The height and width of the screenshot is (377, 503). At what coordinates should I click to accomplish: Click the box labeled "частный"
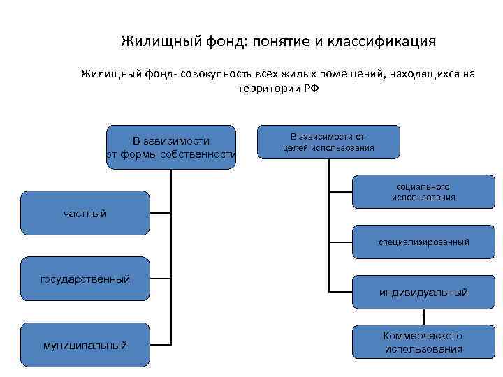click(x=85, y=212)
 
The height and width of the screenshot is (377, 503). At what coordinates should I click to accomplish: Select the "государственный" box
click(x=85, y=279)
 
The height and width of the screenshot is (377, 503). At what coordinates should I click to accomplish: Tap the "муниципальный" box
click(x=85, y=344)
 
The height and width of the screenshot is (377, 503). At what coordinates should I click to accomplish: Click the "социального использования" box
click(x=423, y=191)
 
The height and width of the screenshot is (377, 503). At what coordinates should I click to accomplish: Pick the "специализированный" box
click(x=423, y=242)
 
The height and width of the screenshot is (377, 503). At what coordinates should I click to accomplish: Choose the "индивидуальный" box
click(x=423, y=293)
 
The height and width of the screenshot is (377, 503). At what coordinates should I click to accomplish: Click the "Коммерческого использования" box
click(x=423, y=342)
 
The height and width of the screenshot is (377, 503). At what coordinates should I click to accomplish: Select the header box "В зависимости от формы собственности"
click(x=171, y=147)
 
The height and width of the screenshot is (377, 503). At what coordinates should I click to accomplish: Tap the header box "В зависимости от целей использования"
click(x=328, y=142)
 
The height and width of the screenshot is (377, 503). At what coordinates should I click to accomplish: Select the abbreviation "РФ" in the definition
click(x=311, y=89)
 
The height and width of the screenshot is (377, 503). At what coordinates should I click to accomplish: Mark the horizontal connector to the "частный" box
click(x=161, y=212)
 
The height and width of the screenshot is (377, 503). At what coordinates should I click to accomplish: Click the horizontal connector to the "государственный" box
click(x=161, y=279)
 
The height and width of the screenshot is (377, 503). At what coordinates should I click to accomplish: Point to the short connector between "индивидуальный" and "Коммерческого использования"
click(x=423, y=318)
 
